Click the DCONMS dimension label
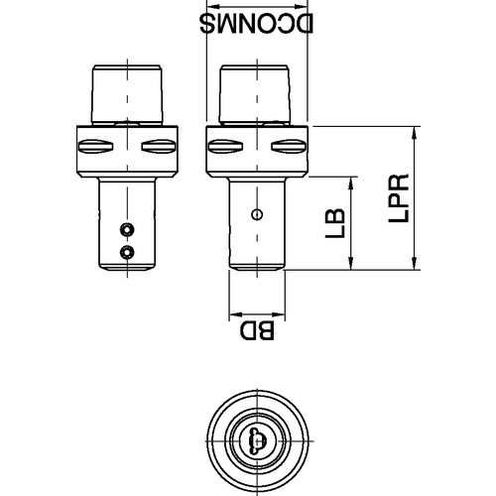(256, 24)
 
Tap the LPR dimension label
(399, 198)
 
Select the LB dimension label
(335, 223)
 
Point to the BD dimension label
(257, 330)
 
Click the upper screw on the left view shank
(127, 229)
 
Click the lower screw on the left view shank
(127, 253)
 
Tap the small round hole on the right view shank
(257, 215)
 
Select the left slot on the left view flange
(96, 146)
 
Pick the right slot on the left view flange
(159, 146)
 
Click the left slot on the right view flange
(226, 146)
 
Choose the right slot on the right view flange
(289, 146)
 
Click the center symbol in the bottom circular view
(257, 440)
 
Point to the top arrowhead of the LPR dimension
(414, 134)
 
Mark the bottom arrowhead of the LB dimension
(351, 262)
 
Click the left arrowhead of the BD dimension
(236, 313)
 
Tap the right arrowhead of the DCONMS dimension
(301, 6)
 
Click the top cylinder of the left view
(127, 95)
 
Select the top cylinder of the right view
(255, 95)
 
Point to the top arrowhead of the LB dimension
(351, 185)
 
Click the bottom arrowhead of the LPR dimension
(414, 262)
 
